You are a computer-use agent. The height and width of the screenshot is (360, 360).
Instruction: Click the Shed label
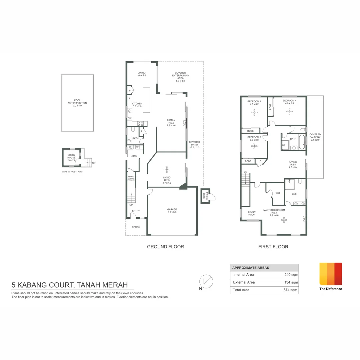(204, 196)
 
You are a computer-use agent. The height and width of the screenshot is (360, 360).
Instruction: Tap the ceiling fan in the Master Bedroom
(284, 219)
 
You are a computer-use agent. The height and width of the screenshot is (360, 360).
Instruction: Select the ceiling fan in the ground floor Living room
(167, 169)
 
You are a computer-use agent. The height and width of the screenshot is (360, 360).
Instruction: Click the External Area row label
(244, 282)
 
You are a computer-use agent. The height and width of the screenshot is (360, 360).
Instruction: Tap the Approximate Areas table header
(250, 268)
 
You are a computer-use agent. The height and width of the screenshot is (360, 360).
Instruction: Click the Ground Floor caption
(165, 247)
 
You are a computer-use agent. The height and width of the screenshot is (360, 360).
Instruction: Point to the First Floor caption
(273, 247)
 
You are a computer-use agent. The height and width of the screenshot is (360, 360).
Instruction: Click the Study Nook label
(251, 213)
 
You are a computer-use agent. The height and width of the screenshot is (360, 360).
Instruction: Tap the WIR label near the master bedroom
(278, 193)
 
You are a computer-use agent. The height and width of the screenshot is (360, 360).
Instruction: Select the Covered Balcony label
(315, 137)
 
